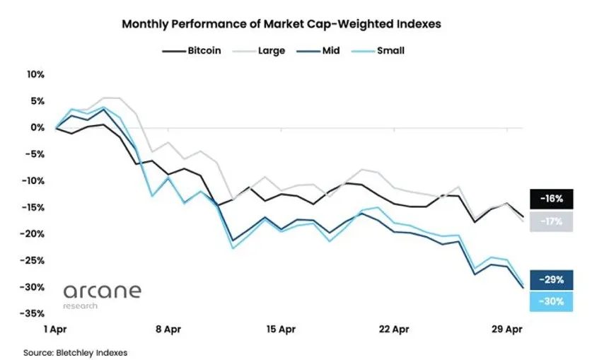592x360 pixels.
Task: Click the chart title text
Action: (281, 23)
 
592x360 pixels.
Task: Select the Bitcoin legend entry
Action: (192, 50)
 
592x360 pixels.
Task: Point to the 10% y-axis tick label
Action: (35, 74)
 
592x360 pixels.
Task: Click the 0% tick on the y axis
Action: (38, 127)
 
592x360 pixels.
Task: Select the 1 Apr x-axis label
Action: (54, 330)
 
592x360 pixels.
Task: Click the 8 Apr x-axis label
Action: (168, 330)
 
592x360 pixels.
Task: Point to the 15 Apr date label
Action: (281, 330)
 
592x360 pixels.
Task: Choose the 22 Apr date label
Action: (394, 330)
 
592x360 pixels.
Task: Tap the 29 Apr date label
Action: (507, 330)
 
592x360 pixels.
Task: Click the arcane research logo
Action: (102, 295)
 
